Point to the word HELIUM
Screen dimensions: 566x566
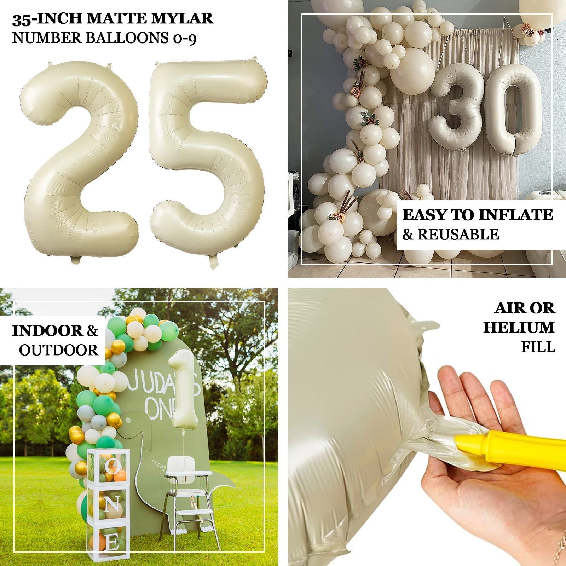point(519,327)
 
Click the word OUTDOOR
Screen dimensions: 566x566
point(58,350)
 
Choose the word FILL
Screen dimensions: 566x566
point(538,347)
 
